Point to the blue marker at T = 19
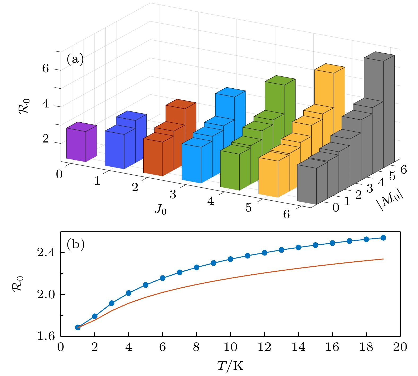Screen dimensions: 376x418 click(x=383, y=238)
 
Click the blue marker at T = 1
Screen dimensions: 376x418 click(x=78, y=327)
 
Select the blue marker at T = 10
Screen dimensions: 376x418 click(x=230, y=259)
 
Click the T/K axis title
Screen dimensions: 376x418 click(x=230, y=366)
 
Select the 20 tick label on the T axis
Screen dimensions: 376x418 click(x=400, y=347)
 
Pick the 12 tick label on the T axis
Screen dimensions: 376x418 click(x=264, y=347)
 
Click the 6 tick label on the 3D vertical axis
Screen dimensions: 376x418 click(x=46, y=69)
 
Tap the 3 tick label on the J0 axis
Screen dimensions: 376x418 click(x=173, y=195)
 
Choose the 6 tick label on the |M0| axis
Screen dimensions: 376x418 click(x=404, y=170)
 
